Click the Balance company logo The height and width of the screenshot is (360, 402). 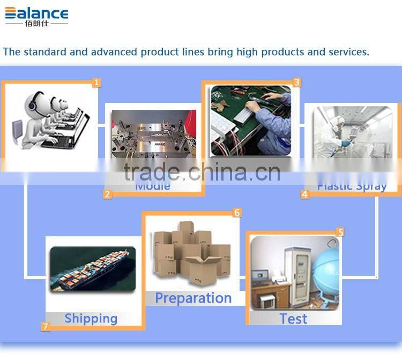36,16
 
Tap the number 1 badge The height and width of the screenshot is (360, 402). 96,82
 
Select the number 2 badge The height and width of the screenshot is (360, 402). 108,194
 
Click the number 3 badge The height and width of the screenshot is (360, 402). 296,82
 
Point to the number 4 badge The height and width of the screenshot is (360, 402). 305,194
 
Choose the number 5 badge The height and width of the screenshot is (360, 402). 340,232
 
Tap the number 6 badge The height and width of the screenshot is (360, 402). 237,213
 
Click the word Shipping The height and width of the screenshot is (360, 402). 91,318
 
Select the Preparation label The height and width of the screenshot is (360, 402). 193,298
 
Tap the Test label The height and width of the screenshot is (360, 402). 293,319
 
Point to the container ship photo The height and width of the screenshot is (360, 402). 92,269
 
